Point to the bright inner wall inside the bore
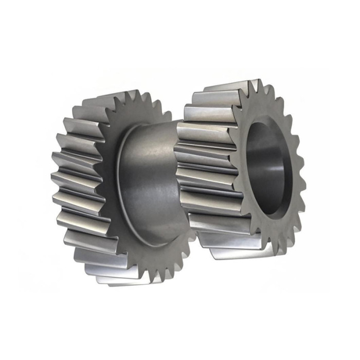[278, 170]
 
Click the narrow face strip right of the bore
[296, 170]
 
